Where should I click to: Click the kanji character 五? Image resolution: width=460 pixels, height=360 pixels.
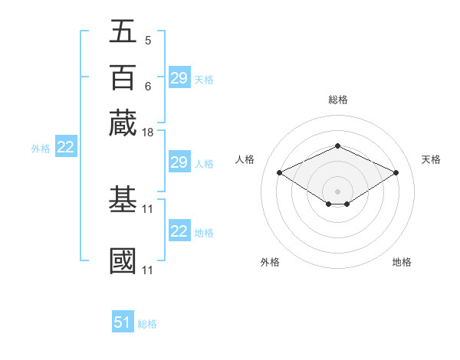tap(123, 31)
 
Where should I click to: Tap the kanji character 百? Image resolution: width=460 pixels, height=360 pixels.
tap(123, 77)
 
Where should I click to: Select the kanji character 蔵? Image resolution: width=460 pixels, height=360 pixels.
tap(123, 123)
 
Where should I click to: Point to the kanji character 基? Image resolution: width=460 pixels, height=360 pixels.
tap(123, 200)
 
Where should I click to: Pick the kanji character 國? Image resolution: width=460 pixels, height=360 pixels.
tap(123, 260)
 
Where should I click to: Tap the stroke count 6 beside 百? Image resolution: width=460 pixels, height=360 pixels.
tap(147, 86)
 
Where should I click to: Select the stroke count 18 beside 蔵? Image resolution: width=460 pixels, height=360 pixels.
tap(149, 133)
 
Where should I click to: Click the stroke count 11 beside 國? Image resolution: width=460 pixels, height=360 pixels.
tap(149, 270)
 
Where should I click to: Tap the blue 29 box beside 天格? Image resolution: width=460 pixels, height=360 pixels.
tap(179, 78)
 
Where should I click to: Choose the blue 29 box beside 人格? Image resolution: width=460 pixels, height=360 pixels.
tap(179, 162)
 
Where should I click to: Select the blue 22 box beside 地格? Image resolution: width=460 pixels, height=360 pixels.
tap(179, 231)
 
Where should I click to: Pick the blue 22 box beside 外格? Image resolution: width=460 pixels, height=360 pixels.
tap(65, 148)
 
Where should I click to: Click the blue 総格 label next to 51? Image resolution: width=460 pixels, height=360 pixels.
tap(147, 324)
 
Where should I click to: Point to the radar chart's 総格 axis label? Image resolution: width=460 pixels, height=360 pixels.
tap(337, 100)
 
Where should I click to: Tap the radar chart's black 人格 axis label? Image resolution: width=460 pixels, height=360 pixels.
tap(245, 159)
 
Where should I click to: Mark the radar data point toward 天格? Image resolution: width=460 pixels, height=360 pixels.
tap(396, 172)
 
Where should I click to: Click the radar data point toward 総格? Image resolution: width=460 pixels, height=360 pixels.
tap(337, 146)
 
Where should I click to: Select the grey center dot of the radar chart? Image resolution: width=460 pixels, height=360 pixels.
tap(337, 191)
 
